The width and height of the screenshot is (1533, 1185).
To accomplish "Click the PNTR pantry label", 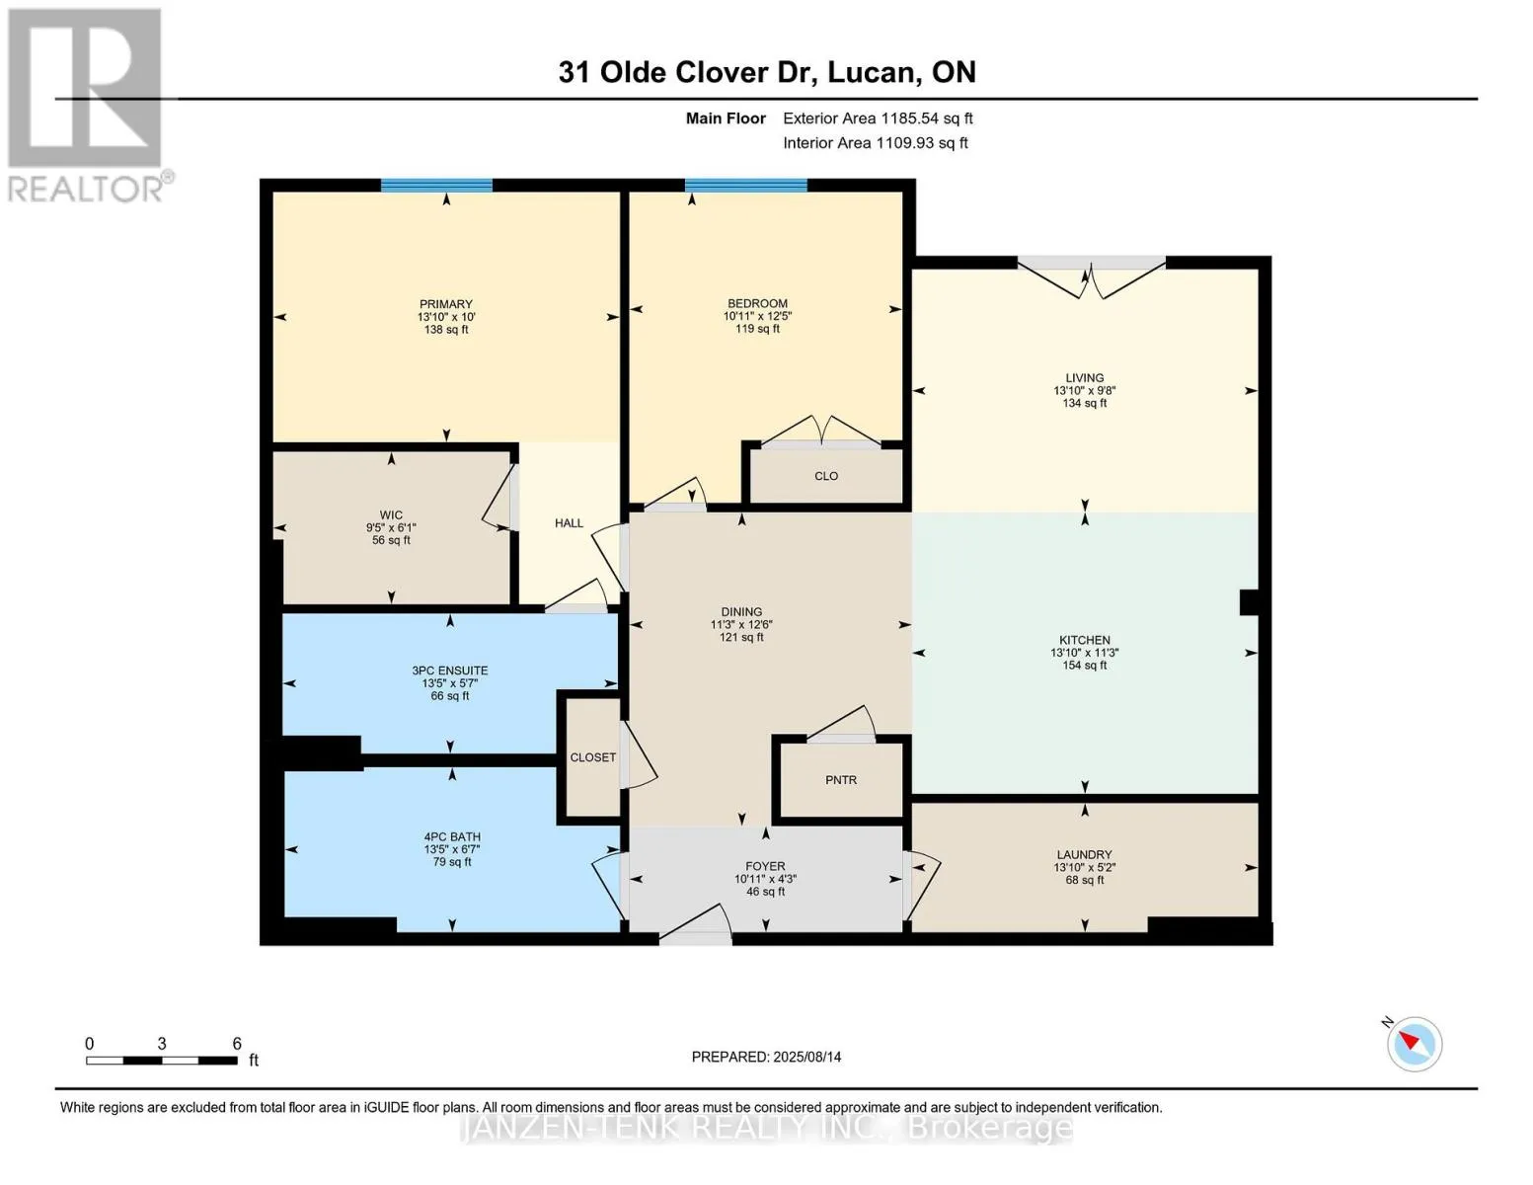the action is [840, 780].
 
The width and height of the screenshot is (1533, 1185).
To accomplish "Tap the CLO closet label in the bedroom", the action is [826, 476].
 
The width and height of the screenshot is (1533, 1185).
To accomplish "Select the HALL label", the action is [569, 523].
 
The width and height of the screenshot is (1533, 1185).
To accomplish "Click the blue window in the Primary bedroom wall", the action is [436, 186].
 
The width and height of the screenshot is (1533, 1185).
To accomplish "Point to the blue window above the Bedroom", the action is [745, 186].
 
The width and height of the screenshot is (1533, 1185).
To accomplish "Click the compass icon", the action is [1414, 1045].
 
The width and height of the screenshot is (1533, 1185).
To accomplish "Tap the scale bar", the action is [162, 1060].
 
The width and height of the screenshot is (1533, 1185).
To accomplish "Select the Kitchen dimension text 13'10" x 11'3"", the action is [1084, 653].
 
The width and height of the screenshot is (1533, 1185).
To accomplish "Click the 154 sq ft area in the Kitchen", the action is [1084, 666].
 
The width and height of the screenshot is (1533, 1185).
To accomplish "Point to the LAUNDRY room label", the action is [1084, 855].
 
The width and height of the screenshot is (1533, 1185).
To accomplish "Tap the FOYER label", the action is [765, 866].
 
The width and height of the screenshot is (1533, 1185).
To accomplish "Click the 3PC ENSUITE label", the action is [450, 671].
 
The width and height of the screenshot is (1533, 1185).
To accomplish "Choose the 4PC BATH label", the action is [451, 837].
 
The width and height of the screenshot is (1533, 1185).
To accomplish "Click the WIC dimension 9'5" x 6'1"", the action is [391, 528].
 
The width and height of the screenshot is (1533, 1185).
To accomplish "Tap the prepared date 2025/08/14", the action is [807, 1058].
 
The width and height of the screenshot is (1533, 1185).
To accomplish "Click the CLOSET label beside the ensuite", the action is [592, 757].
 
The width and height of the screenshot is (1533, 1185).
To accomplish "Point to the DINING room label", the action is [741, 612].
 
